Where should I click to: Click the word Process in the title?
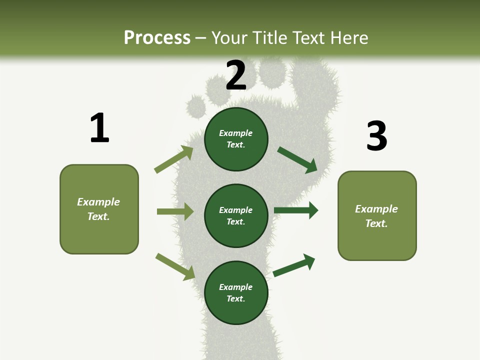[x=157, y=38]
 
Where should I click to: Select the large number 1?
[x=99, y=128]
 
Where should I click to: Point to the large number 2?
[x=236, y=75]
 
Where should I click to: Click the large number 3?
[x=376, y=136]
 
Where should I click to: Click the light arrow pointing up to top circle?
[x=174, y=159]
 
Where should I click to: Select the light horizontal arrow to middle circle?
[x=175, y=211]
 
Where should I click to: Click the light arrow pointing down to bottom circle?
[x=175, y=266]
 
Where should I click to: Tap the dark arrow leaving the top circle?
[x=297, y=159]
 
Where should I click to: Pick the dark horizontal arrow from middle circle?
[x=295, y=210]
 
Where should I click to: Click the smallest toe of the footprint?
[x=196, y=105]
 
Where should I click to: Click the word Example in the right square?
[x=376, y=209]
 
